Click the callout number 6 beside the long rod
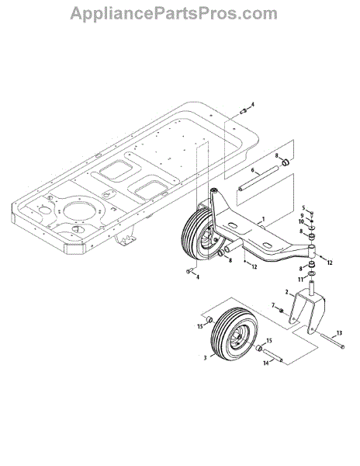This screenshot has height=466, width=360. (x=253, y=170)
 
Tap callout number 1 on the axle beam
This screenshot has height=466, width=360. (x=263, y=219)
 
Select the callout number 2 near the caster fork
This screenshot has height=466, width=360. (x=287, y=292)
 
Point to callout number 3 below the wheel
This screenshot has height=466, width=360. (x=205, y=358)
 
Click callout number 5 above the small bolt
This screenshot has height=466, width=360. (x=303, y=207)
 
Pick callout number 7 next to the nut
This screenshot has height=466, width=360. (x=273, y=305)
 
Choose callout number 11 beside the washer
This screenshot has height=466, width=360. (x=300, y=280)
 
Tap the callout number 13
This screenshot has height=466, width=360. (x=339, y=333)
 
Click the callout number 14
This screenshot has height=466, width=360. (x=266, y=363)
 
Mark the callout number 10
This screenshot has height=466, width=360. (x=301, y=221)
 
